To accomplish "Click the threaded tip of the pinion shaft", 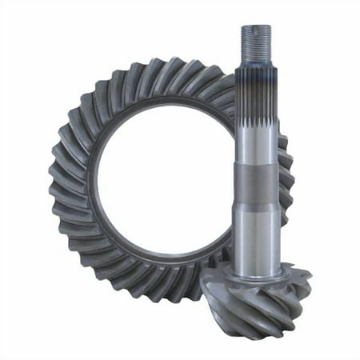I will pos(256,44).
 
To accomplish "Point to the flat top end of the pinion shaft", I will pos(256,27).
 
